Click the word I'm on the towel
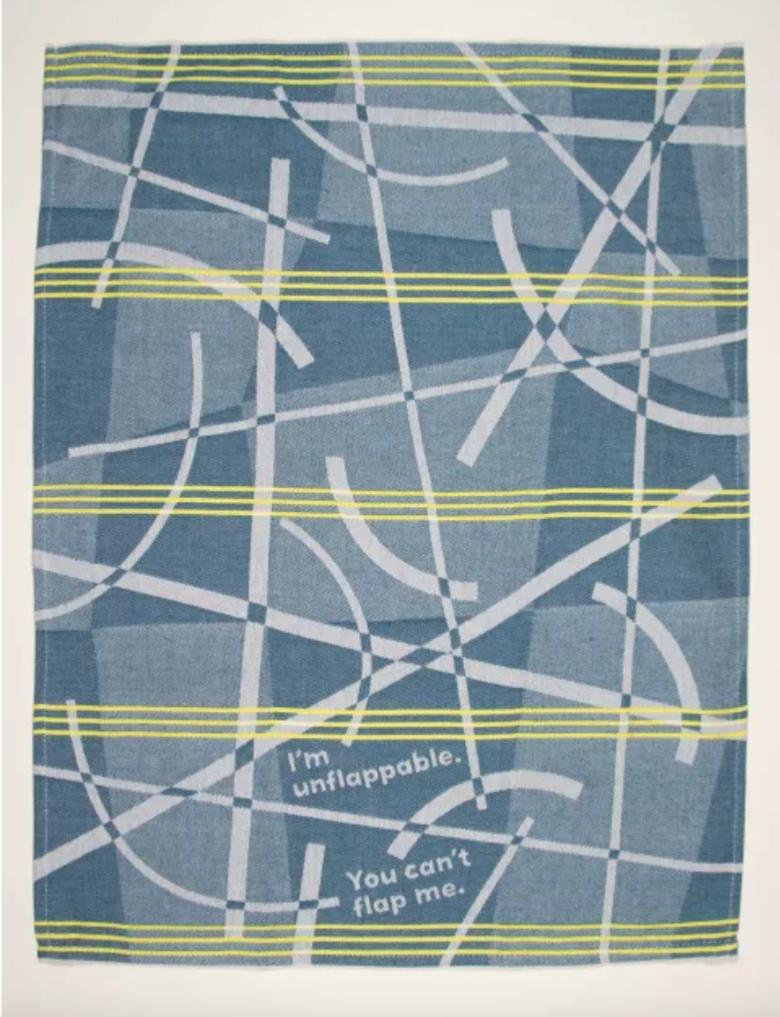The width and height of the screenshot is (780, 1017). coord(308,760)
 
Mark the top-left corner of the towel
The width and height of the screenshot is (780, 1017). coord(46,46)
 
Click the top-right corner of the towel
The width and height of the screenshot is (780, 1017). coord(744,45)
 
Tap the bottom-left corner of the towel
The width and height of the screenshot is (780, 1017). coord(37,958)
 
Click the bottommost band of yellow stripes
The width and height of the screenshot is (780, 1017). coord(391,939)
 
